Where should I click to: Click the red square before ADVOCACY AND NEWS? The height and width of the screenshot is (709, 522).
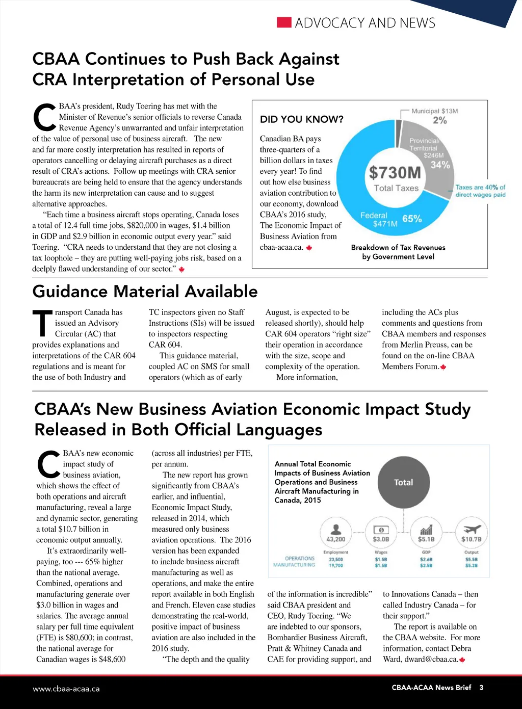click(x=284, y=22)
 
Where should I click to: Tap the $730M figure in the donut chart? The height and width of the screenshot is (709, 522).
click(x=395, y=172)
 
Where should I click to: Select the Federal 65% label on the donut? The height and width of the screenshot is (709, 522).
click(x=390, y=219)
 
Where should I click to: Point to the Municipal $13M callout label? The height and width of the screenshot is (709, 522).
click(x=435, y=111)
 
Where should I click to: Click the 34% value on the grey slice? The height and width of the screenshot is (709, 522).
click(x=440, y=165)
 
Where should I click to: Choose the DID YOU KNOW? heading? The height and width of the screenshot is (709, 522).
click(x=302, y=119)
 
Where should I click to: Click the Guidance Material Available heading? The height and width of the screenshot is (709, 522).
click(x=145, y=292)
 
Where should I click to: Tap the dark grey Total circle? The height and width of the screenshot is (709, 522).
click(x=403, y=482)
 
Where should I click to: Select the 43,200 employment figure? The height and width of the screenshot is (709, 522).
click(x=335, y=539)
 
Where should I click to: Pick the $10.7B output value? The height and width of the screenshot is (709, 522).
click(x=471, y=539)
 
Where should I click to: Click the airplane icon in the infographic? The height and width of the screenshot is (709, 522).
click(x=471, y=527)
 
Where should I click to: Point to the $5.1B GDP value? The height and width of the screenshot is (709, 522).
click(x=426, y=539)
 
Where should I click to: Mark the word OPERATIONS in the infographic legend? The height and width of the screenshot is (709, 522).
click(x=300, y=559)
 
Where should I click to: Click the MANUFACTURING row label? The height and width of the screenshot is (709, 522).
click(x=294, y=565)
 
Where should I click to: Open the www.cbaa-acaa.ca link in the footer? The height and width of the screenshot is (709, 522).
click(x=66, y=689)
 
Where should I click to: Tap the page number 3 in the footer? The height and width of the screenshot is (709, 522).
click(x=481, y=688)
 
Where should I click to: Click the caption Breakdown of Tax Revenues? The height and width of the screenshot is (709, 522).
click(x=398, y=248)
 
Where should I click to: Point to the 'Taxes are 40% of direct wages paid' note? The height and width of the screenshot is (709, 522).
click(x=480, y=191)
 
